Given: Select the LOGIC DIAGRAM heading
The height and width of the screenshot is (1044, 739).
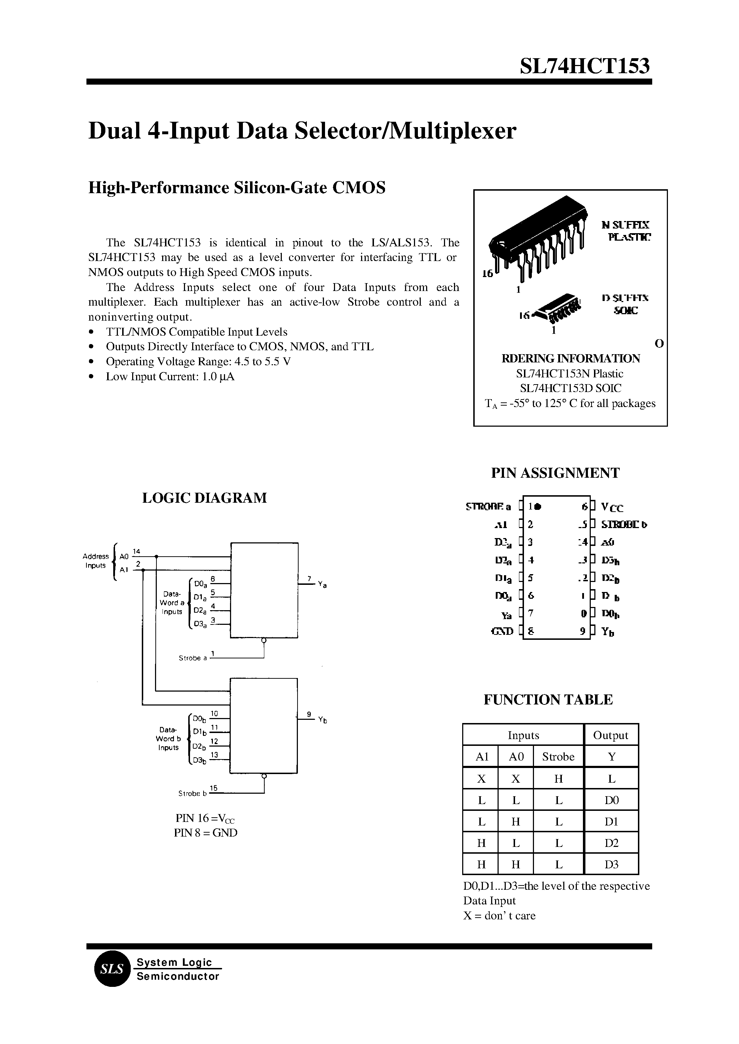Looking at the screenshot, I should click(x=204, y=498).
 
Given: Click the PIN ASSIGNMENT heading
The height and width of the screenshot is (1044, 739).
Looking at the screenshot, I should click(x=555, y=473).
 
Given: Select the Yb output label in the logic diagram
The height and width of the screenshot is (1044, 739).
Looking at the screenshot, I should click(x=322, y=720).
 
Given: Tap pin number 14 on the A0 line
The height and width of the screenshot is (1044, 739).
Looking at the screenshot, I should click(x=136, y=552).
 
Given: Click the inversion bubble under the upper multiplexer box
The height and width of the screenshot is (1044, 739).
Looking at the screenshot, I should click(x=264, y=641).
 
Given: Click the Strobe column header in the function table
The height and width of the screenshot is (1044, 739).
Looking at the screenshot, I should click(x=558, y=757).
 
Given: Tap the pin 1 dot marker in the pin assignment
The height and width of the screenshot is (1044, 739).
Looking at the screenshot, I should click(x=538, y=506).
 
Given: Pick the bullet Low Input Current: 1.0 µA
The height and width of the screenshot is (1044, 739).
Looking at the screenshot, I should click(x=170, y=377).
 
